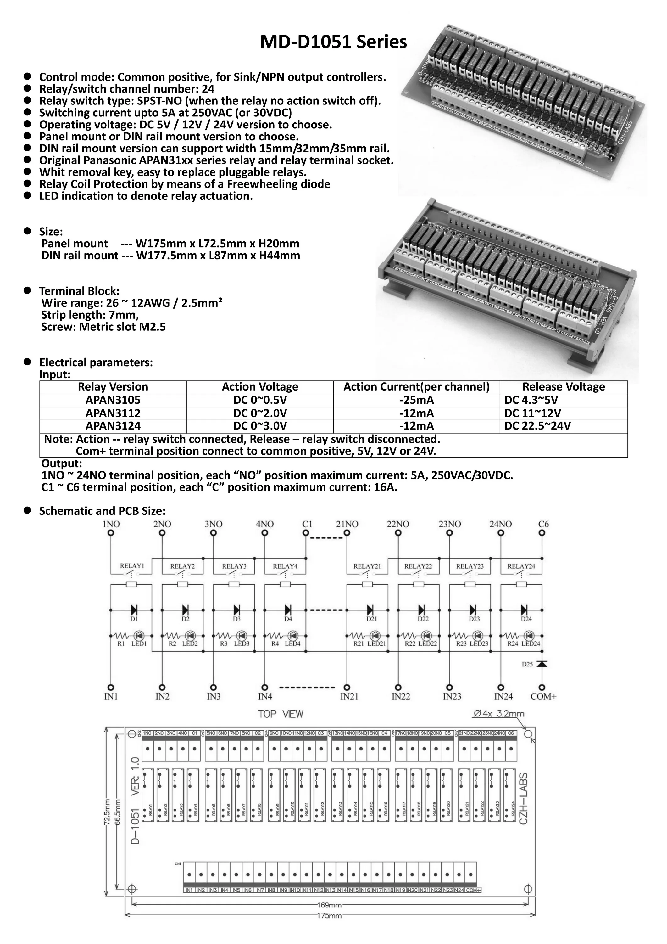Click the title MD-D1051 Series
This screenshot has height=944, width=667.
click(x=333, y=42)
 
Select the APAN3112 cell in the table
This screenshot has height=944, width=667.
click(x=113, y=413)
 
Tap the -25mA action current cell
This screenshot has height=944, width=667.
click(x=416, y=400)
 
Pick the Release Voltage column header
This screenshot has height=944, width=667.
click(x=564, y=387)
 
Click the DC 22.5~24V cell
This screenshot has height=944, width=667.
click(x=537, y=426)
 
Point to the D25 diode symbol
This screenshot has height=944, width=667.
click(x=542, y=664)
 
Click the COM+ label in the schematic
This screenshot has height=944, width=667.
click(x=543, y=696)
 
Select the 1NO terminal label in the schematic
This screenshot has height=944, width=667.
click(x=111, y=524)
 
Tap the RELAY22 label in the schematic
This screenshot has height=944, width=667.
click(x=418, y=566)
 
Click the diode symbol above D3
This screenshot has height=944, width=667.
click(x=237, y=610)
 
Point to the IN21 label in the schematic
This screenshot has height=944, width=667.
click(x=349, y=696)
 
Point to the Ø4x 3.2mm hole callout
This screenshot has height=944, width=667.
click(x=498, y=714)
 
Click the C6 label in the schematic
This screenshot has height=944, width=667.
click(x=543, y=524)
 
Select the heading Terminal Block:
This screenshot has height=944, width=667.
click(x=79, y=291)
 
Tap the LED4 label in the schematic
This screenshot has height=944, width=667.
click(x=292, y=643)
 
